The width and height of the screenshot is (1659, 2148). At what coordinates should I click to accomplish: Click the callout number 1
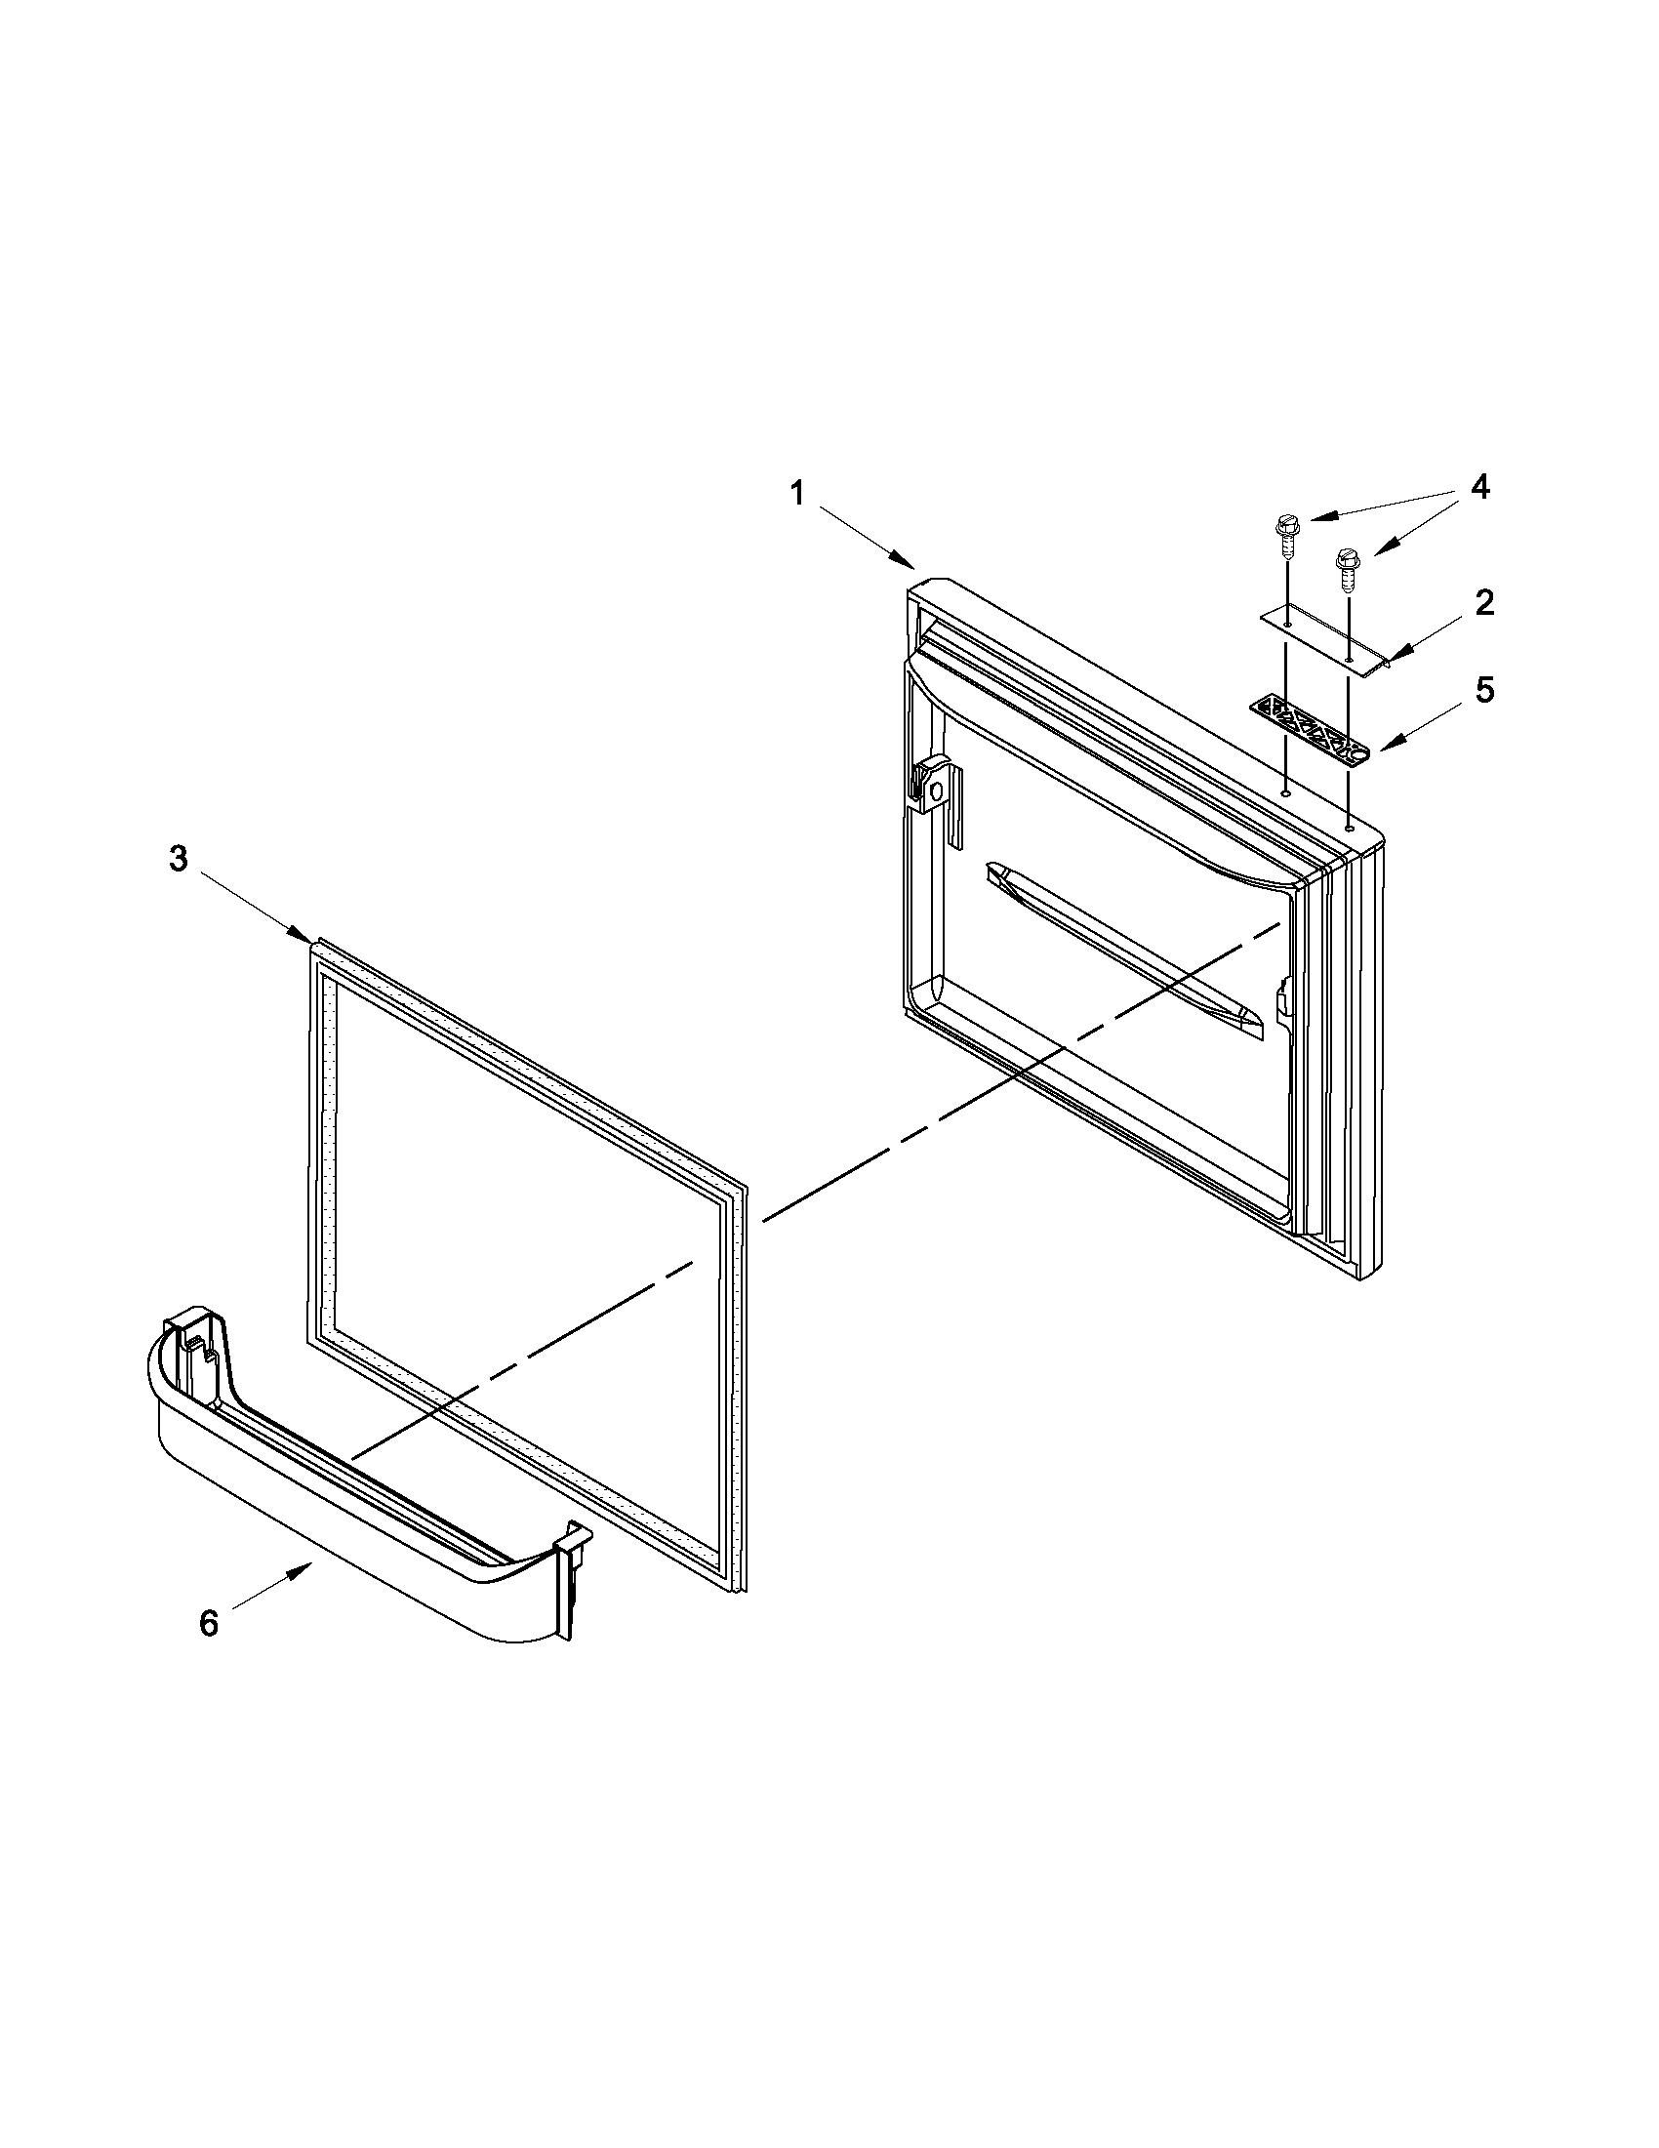coord(798,493)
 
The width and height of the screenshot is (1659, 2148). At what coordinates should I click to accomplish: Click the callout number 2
coord(1484,603)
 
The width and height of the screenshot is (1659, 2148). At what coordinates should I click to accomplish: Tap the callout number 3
coord(178,859)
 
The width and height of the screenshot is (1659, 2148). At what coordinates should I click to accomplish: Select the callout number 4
coord(1480,488)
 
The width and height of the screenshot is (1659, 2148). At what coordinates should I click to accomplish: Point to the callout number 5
coord(1484,690)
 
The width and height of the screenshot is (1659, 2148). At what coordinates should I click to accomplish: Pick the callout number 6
coord(209,1623)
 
